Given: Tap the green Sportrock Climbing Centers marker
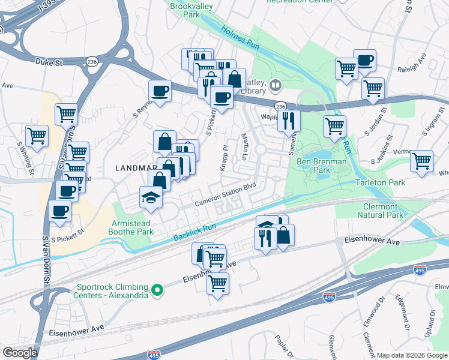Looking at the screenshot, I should pyautogui.click(x=157, y=291).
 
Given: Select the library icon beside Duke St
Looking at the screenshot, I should pyautogui.click(x=276, y=86).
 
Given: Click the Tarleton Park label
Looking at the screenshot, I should pyautogui.click(x=394, y=182).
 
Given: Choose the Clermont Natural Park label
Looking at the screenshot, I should pyautogui.click(x=380, y=210).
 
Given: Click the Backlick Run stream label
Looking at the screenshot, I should pyautogui.click(x=194, y=233).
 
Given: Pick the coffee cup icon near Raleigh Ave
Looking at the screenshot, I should pyautogui.click(x=364, y=61).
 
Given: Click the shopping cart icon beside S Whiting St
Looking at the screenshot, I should pyautogui.click(x=37, y=135).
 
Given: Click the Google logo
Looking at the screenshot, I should pyautogui.click(x=20, y=353).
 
